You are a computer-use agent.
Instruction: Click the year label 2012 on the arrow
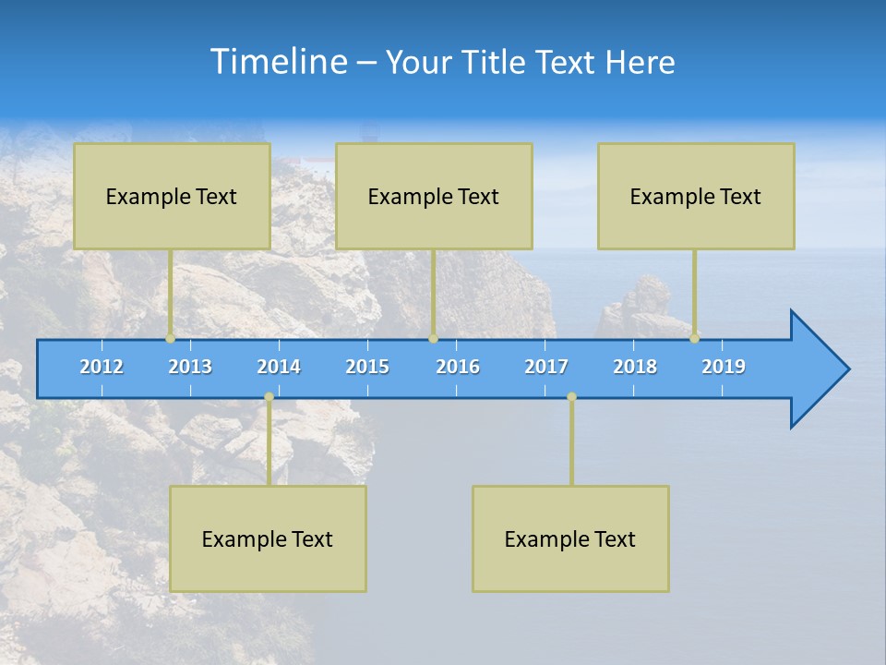(102, 367)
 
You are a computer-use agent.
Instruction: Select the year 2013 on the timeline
(190, 367)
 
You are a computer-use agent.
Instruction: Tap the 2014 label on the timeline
(279, 367)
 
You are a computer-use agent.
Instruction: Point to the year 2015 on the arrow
(367, 367)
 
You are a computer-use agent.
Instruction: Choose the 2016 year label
(458, 367)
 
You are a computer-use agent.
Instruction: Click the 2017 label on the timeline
(546, 367)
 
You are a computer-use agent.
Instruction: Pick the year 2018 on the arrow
(635, 367)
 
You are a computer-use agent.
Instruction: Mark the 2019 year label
(724, 367)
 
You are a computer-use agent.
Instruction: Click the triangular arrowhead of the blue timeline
(817, 369)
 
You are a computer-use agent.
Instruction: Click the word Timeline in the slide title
(277, 62)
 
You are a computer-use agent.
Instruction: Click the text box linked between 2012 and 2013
(172, 196)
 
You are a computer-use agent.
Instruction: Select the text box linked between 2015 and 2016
(434, 196)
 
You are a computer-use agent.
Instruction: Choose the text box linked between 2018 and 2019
(696, 196)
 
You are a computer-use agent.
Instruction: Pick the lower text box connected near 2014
(268, 538)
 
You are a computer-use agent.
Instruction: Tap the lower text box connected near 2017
(570, 538)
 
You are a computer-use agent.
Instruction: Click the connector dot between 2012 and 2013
(170, 339)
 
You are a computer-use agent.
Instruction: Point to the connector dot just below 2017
(571, 397)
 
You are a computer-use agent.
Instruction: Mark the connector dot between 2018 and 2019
(695, 339)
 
